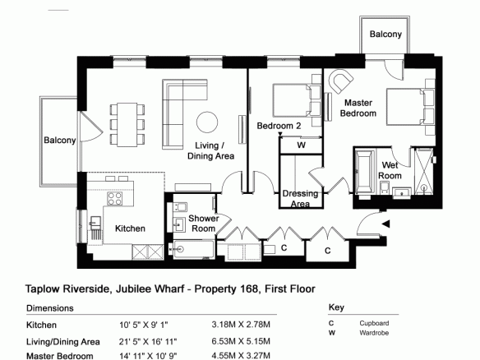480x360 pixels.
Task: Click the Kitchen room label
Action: click(x=130, y=228)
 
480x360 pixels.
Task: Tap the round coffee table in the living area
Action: click(x=207, y=122)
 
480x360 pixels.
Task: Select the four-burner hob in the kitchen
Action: click(x=115, y=198)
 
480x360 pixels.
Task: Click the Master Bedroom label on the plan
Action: click(x=358, y=108)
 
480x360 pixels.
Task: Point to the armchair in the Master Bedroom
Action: click(x=340, y=81)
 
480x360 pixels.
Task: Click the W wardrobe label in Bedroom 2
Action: click(x=302, y=145)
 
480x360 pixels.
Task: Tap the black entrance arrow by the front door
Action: click(x=385, y=224)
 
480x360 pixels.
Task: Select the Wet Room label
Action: click(x=390, y=170)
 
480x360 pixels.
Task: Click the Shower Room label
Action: click(x=204, y=224)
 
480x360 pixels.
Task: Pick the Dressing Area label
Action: click(x=300, y=198)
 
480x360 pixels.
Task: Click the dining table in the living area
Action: click(x=127, y=125)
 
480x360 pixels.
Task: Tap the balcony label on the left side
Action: click(x=60, y=141)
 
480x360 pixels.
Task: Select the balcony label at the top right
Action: click(x=385, y=34)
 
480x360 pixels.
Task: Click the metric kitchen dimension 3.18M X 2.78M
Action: click(x=241, y=325)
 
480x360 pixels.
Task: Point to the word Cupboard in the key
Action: click(x=374, y=323)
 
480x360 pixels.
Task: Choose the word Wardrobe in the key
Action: click(x=374, y=333)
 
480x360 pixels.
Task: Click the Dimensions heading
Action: click(x=50, y=308)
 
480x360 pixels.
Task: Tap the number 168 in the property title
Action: click(x=249, y=289)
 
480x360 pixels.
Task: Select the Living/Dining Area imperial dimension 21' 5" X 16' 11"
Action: click(x=148, y=341)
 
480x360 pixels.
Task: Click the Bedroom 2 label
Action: click(x=279, y=126)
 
